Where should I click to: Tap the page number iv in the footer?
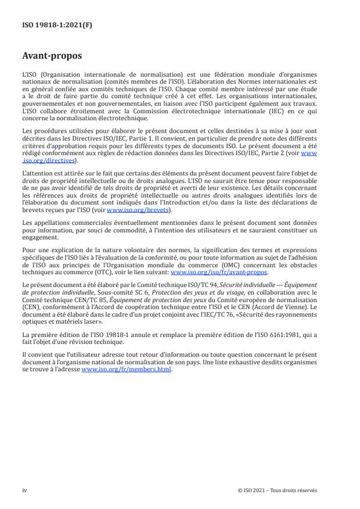coord(24,490)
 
